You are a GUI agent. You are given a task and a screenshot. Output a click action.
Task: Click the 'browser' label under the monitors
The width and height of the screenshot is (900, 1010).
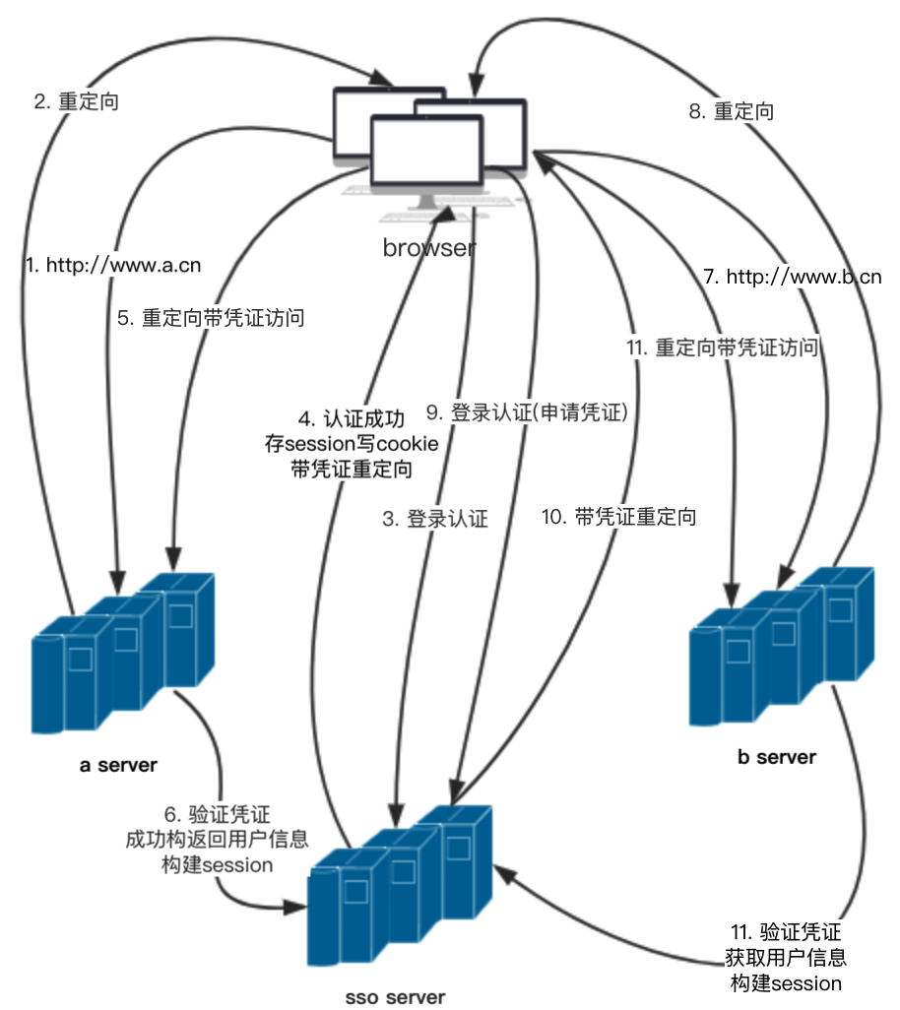click(429, 247)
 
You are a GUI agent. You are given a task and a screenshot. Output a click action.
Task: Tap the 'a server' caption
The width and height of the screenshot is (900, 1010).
click(118, 765)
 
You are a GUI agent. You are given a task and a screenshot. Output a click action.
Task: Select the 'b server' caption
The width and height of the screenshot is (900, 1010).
click(777, 757)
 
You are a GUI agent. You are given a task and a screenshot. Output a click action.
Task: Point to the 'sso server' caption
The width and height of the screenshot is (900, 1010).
click(395, 997)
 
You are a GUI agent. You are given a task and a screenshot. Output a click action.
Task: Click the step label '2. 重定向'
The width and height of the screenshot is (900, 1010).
click(76, 101)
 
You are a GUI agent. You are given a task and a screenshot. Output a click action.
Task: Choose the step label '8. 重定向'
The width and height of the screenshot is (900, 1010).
click(732, 111)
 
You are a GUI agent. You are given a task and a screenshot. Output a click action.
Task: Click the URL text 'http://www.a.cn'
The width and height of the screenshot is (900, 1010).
click(124, 266)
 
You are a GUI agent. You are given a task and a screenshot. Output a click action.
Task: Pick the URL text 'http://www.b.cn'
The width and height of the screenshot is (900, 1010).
click(804, 277)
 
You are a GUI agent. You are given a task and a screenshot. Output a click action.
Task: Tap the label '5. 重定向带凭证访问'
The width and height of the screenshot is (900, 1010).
click(211, 318)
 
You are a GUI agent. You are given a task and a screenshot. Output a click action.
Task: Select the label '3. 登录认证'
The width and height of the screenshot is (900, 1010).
click(435, 519)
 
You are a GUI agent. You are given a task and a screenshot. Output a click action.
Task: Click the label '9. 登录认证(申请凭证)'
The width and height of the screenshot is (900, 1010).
click(527, 412)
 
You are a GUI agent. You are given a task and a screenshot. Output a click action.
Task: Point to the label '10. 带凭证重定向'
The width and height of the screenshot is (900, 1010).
click(619, 517)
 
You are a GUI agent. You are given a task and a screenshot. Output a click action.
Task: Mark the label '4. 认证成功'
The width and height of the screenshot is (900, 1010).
click(352, 419)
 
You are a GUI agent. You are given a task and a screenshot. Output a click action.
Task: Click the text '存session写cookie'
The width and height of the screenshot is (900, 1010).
click(352, 444)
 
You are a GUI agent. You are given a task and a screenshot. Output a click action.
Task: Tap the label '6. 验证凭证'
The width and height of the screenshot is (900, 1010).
click(217, 814)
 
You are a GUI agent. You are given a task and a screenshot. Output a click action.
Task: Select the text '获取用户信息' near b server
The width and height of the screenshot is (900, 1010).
click(786, 958)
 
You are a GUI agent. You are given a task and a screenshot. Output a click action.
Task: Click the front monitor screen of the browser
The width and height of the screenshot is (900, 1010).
click(426, 150)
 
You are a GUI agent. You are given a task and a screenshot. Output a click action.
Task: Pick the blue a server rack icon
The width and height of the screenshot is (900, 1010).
click(122, 653)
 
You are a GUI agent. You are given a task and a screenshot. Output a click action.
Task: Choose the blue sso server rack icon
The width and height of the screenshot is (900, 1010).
click(400, 886)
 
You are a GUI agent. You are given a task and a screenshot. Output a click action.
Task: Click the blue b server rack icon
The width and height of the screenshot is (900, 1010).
click(782, 646)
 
